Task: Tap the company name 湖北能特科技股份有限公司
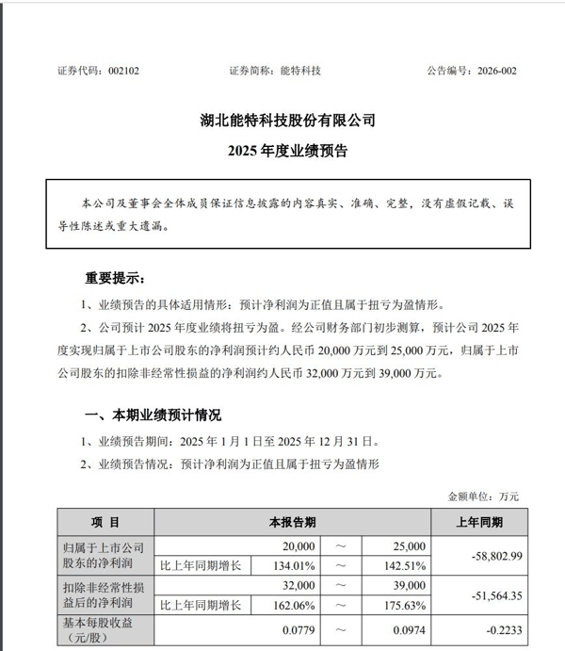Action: tap(282, 121)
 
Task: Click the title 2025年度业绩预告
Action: tap(282, 150)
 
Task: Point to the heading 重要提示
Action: tap(115, 278)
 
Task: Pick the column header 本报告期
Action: tap(292, 521)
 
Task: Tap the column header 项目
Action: tap(105, 521)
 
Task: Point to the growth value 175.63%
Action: tap(406, 604)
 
